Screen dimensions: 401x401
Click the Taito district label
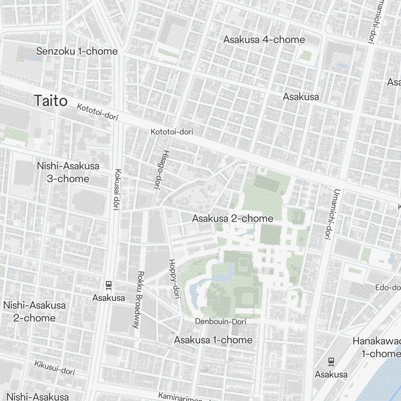51,101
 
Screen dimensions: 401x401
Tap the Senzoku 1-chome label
77,51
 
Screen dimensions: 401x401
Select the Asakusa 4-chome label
264,40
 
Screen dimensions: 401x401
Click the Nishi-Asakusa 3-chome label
68,172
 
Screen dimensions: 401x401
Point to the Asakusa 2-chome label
233,219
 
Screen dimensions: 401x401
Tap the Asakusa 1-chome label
213,340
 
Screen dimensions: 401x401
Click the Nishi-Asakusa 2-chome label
34,312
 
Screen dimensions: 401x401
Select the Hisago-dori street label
159,169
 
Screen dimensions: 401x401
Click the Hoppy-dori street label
173,278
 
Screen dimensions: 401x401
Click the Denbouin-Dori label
221,322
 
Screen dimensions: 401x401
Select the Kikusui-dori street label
55,368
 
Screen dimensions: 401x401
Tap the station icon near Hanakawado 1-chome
331,362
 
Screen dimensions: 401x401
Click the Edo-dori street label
388,288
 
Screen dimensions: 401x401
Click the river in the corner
385,377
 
